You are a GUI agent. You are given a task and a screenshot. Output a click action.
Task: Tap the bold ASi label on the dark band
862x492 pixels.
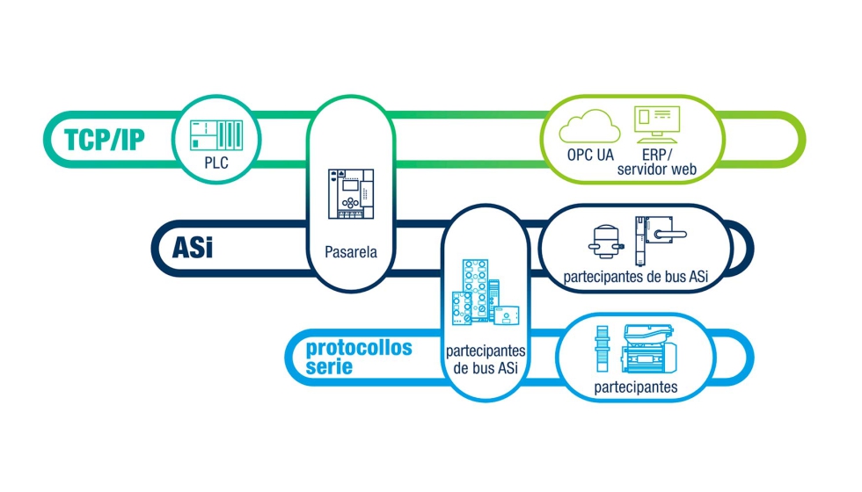(x=193, y=247)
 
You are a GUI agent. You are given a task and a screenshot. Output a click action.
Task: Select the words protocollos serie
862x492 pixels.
(x=359, y=357)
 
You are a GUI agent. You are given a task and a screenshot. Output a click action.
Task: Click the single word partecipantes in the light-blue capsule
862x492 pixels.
(x=636, y=387)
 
